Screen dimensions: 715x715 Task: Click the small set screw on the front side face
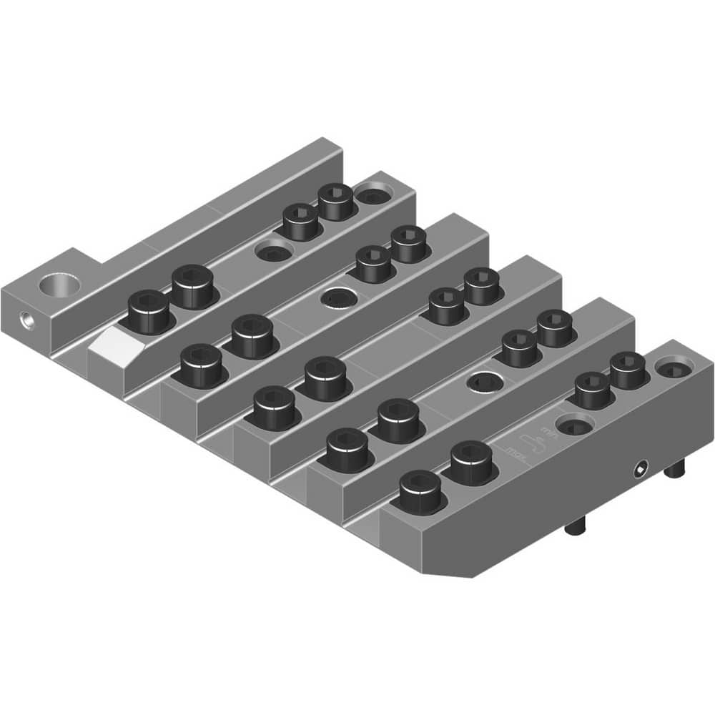(641, 470)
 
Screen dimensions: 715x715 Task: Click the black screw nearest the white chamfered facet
(149, 312)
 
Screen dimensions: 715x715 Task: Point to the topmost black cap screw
(336, 201)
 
